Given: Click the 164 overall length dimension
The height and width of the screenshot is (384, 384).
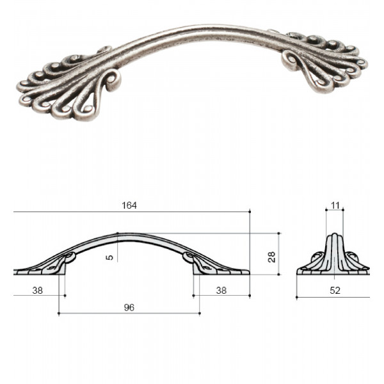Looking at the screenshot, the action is (129, 205).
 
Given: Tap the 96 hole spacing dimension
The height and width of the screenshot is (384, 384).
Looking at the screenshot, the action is (129, 307).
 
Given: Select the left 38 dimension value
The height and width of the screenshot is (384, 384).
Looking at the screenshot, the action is (38, 291).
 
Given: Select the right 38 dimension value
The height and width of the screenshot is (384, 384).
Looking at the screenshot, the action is (221, 291).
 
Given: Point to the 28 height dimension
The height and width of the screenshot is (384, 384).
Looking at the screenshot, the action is (271, 257).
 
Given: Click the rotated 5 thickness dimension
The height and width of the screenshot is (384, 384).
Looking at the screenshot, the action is (110, 257).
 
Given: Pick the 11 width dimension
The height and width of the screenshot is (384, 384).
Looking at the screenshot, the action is (335, 205).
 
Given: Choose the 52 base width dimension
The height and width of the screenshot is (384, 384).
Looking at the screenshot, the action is (335, 291).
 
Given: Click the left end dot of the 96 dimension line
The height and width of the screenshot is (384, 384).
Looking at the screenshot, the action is (59, 313).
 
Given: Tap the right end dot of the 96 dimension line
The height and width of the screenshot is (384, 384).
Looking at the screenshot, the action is (200, 313).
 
